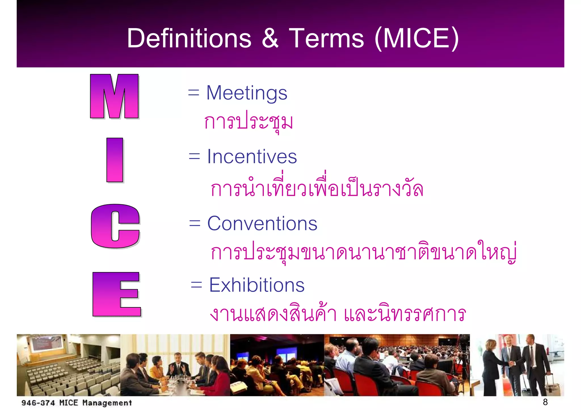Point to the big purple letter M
tap(114, 96)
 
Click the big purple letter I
tap(115, 160)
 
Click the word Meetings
tap(247, 93)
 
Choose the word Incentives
tap(252, 156)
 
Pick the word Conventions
tap(262, 224)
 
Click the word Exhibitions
tap(257, 285)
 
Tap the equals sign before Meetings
tap(194, 93)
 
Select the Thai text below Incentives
tap(317, 188)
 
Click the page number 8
tap(545, 402)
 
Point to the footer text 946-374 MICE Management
tap(77, 403)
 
